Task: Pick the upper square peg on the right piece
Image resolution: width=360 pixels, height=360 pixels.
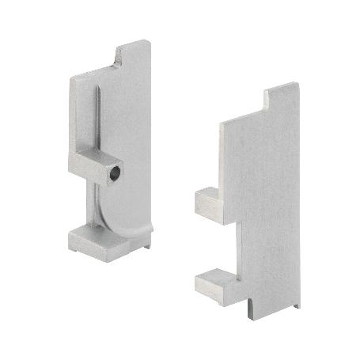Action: point(207,201)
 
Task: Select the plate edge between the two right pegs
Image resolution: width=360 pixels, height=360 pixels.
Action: point(230,245)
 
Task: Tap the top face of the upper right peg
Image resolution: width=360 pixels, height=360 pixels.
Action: point(210,192)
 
